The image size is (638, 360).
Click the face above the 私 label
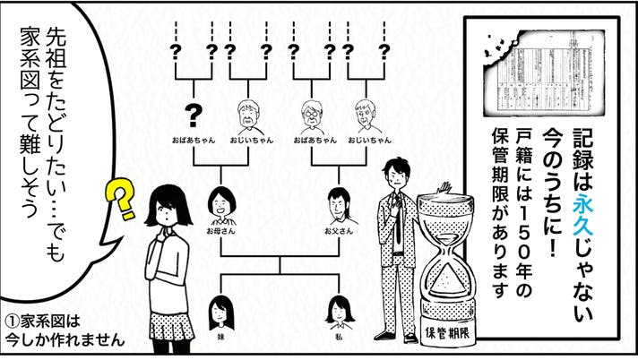pyautogui.click(x=339, y=309)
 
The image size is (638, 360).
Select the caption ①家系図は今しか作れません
pyautogui.click(x=62, y=330)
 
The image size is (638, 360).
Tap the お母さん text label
pyautogui.click(x=220, y=231)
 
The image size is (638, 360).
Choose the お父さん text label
pyautogui.click(x=338, y=231)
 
